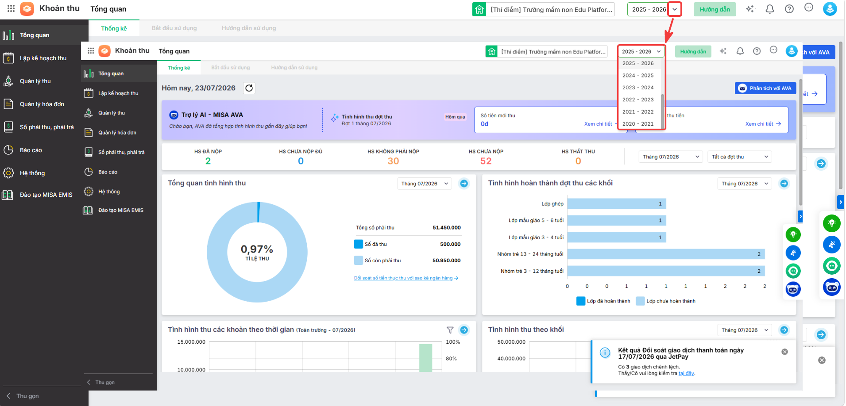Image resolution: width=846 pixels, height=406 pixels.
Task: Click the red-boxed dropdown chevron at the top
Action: coord(675,9)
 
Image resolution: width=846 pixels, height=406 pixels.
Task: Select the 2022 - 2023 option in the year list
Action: coord(638,100)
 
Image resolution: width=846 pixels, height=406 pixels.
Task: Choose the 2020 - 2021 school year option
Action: coord(638,124)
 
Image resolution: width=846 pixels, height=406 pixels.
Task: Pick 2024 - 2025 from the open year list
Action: coord(638,75)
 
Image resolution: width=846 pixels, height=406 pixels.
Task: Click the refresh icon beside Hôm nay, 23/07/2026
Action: coord(249,88)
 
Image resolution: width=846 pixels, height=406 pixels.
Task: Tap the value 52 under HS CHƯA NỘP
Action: coord(486,161)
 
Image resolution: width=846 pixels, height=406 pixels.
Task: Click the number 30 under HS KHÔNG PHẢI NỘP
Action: coord(393,161)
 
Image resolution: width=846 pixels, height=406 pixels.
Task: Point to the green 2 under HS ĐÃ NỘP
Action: coord(208,161)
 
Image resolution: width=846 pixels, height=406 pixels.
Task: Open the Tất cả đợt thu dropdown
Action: coord(739,157)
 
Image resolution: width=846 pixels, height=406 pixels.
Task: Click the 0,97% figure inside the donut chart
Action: coord(257,249)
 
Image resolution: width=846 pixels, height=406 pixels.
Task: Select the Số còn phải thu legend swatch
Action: coord(359,260)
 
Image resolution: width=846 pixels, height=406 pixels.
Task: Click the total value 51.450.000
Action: coord(447,228)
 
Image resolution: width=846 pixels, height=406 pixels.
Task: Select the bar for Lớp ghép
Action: coord(617,204)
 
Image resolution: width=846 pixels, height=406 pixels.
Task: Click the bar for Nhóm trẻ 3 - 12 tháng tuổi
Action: coord(666,271)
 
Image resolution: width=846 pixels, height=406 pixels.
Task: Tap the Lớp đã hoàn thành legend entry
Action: coord(603,301)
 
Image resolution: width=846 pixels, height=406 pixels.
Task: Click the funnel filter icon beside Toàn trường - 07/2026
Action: coord(450,330)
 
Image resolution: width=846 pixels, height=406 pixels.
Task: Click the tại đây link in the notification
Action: coord(686,373)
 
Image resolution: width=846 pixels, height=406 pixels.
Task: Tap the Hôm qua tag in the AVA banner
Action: coord(455,117)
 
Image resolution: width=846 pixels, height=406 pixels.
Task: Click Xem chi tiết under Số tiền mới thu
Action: coord(598,124)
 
